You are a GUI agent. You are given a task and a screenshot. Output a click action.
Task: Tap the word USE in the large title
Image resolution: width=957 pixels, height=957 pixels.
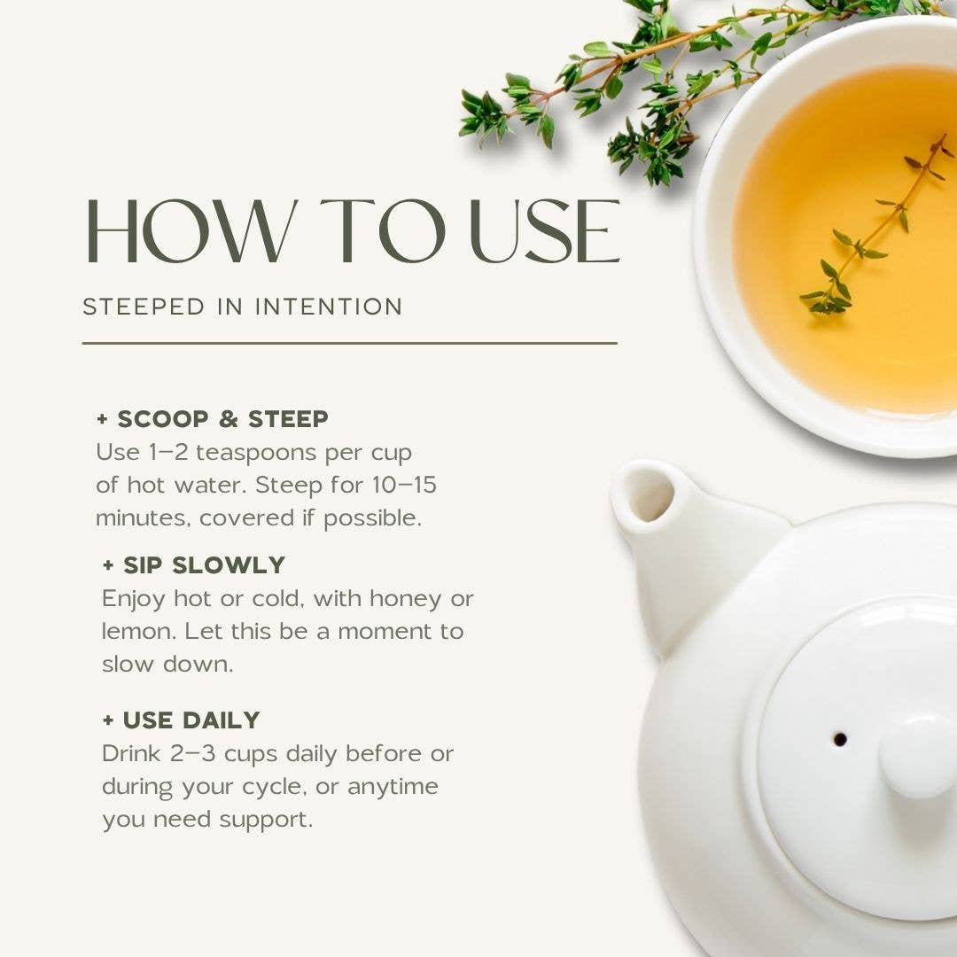point(545,231)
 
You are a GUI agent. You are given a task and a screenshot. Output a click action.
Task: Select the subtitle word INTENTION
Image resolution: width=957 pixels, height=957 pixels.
point(329,307)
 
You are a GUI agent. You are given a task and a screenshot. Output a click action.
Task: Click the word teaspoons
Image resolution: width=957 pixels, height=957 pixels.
point(256,454)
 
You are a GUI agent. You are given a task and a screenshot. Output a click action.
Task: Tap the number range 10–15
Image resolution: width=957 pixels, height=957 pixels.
point(404,486)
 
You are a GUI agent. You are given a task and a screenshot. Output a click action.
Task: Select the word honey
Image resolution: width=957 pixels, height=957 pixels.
point(405,600)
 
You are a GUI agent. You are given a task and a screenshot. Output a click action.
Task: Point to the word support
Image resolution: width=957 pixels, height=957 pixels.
point(266,821)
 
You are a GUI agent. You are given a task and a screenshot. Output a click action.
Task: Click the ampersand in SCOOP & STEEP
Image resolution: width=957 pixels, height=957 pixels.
point(229,419)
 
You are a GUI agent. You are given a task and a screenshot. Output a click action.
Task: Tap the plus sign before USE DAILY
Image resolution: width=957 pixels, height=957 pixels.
point(108,720)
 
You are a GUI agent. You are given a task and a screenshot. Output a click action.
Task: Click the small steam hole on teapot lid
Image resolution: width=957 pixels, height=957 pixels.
point(840,740)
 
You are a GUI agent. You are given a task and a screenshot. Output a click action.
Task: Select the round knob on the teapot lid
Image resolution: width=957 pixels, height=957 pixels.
point(918,757)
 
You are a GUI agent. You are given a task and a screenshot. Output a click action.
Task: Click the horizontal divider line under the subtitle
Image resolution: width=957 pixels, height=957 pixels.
point(350,344)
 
